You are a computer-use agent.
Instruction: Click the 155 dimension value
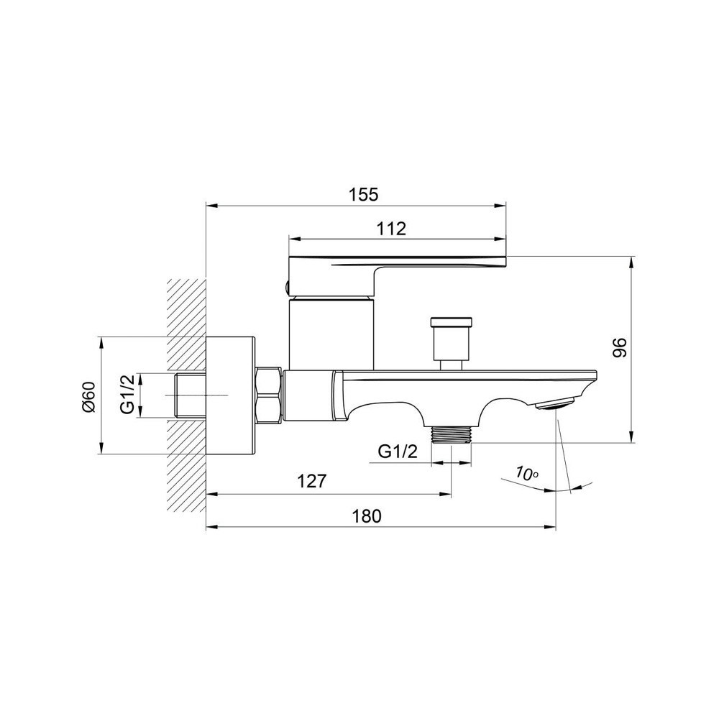click(364, 195)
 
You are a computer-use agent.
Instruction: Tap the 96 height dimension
click(620, 347)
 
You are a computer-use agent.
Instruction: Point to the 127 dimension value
click(312, 482)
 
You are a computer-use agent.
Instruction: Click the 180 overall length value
click(367, 516)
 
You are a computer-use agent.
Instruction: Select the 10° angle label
click(526, 473)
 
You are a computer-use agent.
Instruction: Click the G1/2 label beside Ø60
click(128, 394)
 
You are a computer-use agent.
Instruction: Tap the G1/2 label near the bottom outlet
click(398, 452)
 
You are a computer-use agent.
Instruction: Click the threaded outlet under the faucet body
click(452, 434)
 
